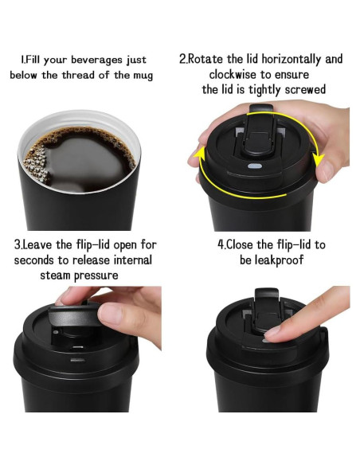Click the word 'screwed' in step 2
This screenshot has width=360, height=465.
click(307, 90)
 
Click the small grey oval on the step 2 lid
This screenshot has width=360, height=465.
click(256, 166)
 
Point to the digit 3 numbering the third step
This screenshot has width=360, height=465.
click(17, 244)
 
